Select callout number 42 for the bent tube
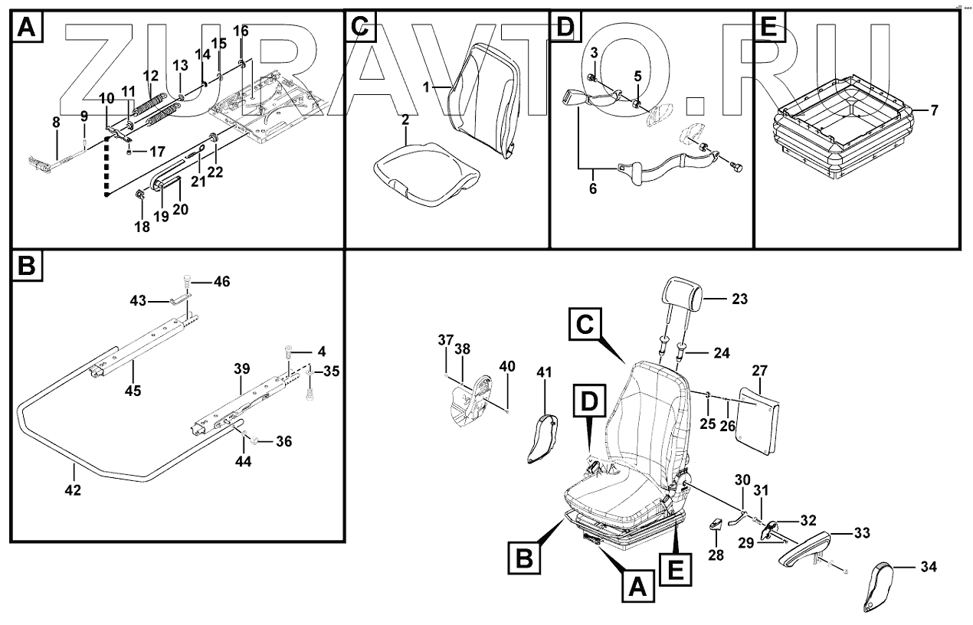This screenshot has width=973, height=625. pos(73,489)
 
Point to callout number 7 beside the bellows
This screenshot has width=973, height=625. pos(934,110)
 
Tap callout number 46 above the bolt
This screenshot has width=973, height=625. pos(221,283)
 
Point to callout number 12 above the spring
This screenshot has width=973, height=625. pos(151,76)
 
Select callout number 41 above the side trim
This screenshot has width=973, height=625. pos(544,373)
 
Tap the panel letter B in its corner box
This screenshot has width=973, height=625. pos(26,266)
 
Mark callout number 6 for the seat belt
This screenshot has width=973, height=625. pos(592,188)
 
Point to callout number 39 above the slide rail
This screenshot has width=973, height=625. pos(241,368)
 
